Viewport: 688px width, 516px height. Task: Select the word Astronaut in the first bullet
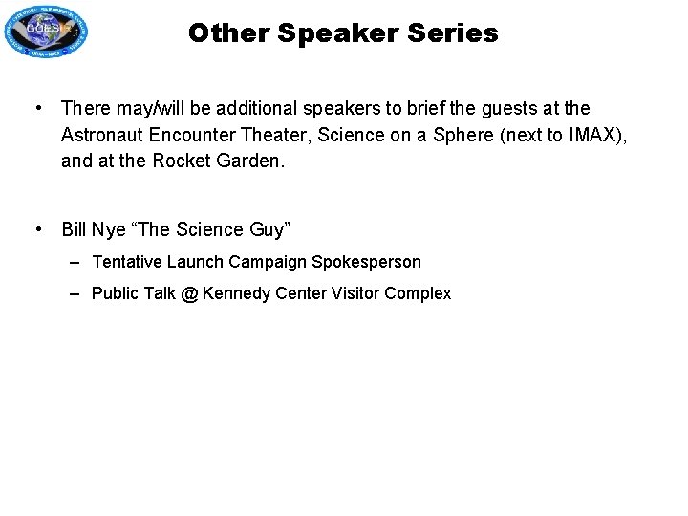point(100,135)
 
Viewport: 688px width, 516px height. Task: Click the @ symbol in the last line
point(189,294)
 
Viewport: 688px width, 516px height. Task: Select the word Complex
point(418,294)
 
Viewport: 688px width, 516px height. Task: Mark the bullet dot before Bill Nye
point(37,229)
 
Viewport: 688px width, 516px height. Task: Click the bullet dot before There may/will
point(37,109)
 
